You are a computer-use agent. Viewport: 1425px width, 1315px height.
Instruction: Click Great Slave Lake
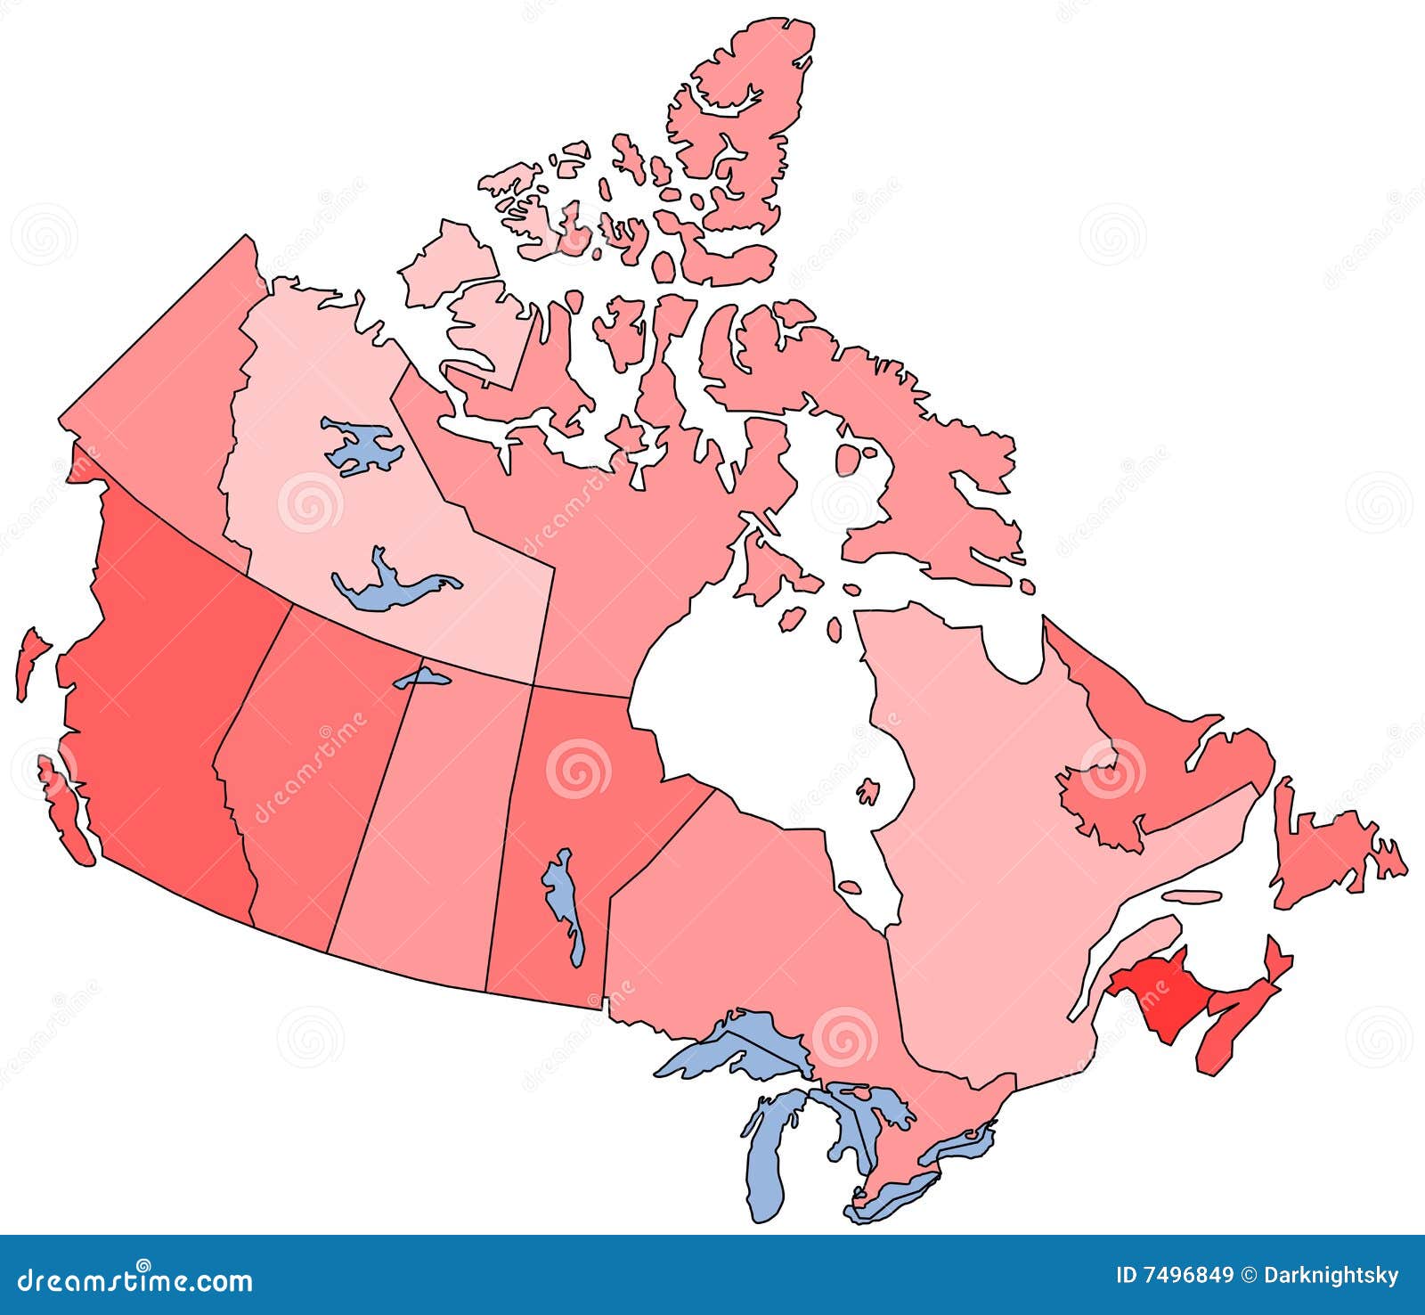click(392, 584)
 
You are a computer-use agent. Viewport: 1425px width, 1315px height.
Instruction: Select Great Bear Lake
click(361, 445)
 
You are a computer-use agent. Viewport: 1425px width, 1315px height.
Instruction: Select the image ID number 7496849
click(1175, 1277)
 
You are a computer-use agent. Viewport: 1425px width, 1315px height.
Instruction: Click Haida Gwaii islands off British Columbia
click(30, 659)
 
